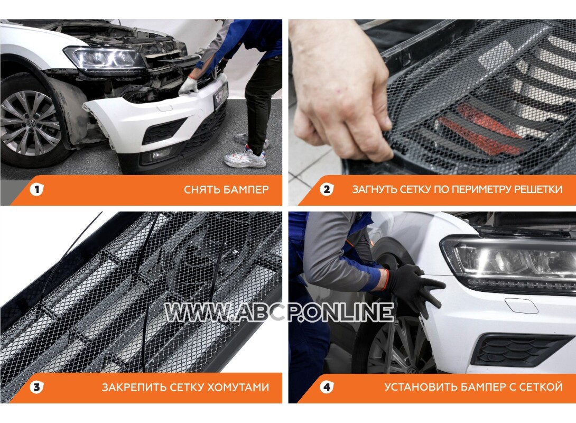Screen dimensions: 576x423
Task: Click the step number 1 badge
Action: pyautogui.click(x=36, y=190)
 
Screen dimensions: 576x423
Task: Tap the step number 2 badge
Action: pyautogui.click(x=327, y=190)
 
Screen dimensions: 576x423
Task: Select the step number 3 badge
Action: pyautogui.click(x=36, y=387)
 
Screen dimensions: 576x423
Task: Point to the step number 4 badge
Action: pyautogui.click(x=327, y=387)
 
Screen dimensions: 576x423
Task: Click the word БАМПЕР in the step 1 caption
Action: pyautogui.click(x=246, y=190)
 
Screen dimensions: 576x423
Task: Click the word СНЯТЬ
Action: pyautogui.click(x=202, y=190)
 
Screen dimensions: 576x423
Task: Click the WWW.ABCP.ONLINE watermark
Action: pyautogui.click(x=279, y=312)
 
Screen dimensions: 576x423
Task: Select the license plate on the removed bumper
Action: pyautogui.click(x=220, y=95)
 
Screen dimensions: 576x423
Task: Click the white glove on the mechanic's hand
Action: pyautogui.click(x=188, y=86)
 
